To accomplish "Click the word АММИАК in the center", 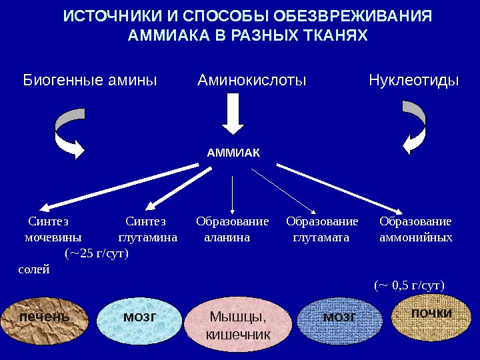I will click(233, 153).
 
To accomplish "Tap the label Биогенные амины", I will click(90, 81).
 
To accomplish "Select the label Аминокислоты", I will click(252, 81).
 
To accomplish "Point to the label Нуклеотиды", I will click(414, 81).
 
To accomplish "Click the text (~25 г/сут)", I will click(97, 253).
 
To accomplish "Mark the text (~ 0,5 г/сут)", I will click(409, 286).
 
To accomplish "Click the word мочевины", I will click(53, 237).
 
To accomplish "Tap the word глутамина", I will click(147, 237).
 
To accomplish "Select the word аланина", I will click(227, 237).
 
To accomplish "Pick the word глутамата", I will click(322, 237).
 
